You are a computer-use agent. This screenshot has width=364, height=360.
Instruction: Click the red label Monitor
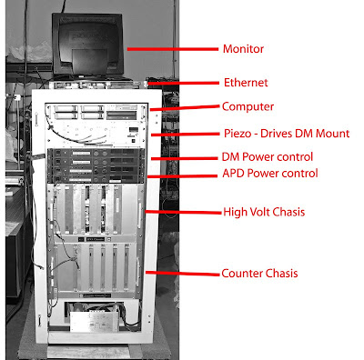[x=243, y=49]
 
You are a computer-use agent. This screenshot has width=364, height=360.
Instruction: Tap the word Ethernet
[x=246, y=83]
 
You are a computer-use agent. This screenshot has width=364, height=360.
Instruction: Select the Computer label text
[x=248, y=106]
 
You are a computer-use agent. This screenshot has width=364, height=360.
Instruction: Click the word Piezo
[x=238, y=134]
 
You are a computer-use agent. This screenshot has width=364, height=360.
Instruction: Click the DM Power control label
[x=268, y=156]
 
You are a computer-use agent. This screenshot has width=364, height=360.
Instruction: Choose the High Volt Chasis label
[x=264, y=212]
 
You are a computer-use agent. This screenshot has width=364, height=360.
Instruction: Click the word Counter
[x=240, y=274]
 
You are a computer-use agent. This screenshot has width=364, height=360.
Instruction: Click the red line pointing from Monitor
[x=173, y=49]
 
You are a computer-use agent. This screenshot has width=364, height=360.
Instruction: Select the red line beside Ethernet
[x=183, y=83]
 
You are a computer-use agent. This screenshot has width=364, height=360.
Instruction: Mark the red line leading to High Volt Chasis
[x=184, y=212]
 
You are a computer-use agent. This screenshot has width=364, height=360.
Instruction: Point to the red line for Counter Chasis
[x=182, y=274]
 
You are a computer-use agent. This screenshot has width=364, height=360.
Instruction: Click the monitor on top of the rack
[x=87, y=44]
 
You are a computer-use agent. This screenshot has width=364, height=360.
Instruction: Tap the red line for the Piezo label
[x=185, y=134]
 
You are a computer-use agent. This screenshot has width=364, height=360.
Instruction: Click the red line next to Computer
[x=185, y=108]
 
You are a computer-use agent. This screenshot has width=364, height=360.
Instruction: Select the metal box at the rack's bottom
[x=95, y=321]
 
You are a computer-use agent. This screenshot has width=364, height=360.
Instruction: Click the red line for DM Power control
[x=184, y=158]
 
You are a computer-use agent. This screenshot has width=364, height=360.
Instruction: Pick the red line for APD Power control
[x=182, y=175]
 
